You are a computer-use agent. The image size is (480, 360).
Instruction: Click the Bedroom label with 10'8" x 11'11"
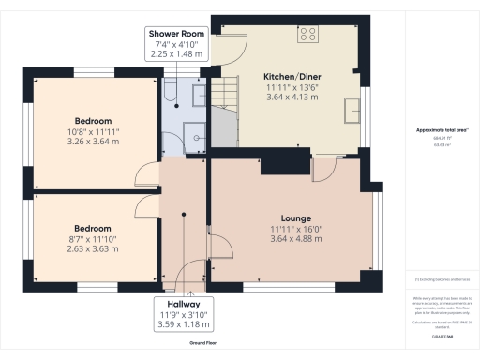(x=94, y=121)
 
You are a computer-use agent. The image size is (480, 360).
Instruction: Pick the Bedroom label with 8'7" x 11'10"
(x=93, y=228)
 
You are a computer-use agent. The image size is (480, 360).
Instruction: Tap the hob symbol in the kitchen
(x=307, y=35)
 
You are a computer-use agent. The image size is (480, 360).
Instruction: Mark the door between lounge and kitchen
(x=323, y=168)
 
